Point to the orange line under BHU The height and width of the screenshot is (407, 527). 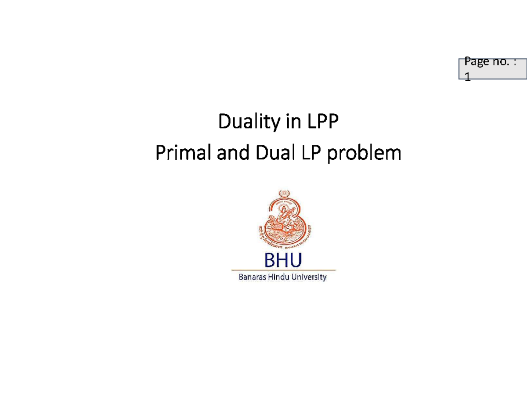tap(283, 270)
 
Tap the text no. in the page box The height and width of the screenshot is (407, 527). tap(502, 63)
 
